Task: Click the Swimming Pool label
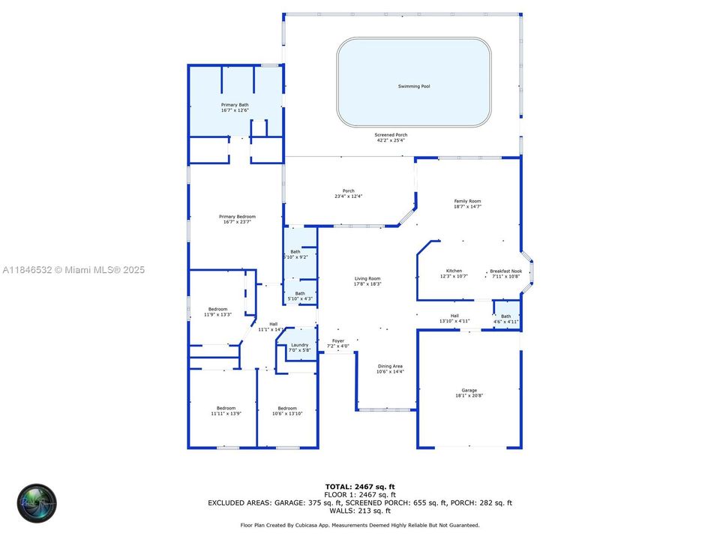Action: tap(414, 86)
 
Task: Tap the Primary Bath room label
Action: tap(235, 105)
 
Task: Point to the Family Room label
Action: tap(467, 201)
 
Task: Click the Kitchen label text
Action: tap(454, 271)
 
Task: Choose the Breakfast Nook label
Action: tap(505, 271)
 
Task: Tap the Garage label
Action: tap(469, 391)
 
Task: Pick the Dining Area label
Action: tap(390, 366)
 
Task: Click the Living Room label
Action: tap(367, 279)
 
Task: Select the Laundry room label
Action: tap(299, 345)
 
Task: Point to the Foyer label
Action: tap(338, 341)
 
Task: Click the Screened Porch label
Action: tap(391, 135)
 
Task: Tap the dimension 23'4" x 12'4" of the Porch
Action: tap(348, 196)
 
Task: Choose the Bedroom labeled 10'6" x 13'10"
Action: tap(287, 409)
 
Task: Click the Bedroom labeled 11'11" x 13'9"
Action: tap(226, 409)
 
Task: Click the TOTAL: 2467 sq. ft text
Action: tap(359, 487)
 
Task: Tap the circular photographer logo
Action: tap(37, 503)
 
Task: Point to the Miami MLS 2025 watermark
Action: tap(73, 269)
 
